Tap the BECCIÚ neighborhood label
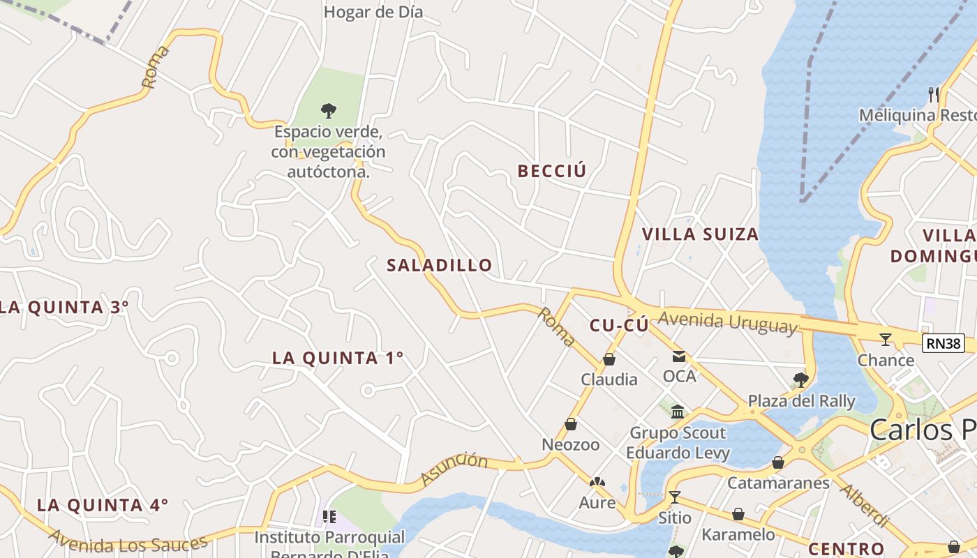point(551,171)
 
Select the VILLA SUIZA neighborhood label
point(700,234)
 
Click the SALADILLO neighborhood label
point(440,265)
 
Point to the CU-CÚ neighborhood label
point(619,325)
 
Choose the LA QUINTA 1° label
point(338,358)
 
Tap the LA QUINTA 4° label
point(103,505)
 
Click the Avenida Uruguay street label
point(727,322)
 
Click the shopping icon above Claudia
point(609,359)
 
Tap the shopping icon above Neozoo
point(571,424)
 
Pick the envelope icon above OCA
point(679,356)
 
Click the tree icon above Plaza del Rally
point(800,380)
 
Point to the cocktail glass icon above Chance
point(886,340)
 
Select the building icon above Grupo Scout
point(678,412)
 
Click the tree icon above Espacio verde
point(328,110)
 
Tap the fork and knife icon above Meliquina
point(934,94)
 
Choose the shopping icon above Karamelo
point(738,515)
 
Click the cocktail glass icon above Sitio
point(674,497)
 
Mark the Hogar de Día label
point(373,12)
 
